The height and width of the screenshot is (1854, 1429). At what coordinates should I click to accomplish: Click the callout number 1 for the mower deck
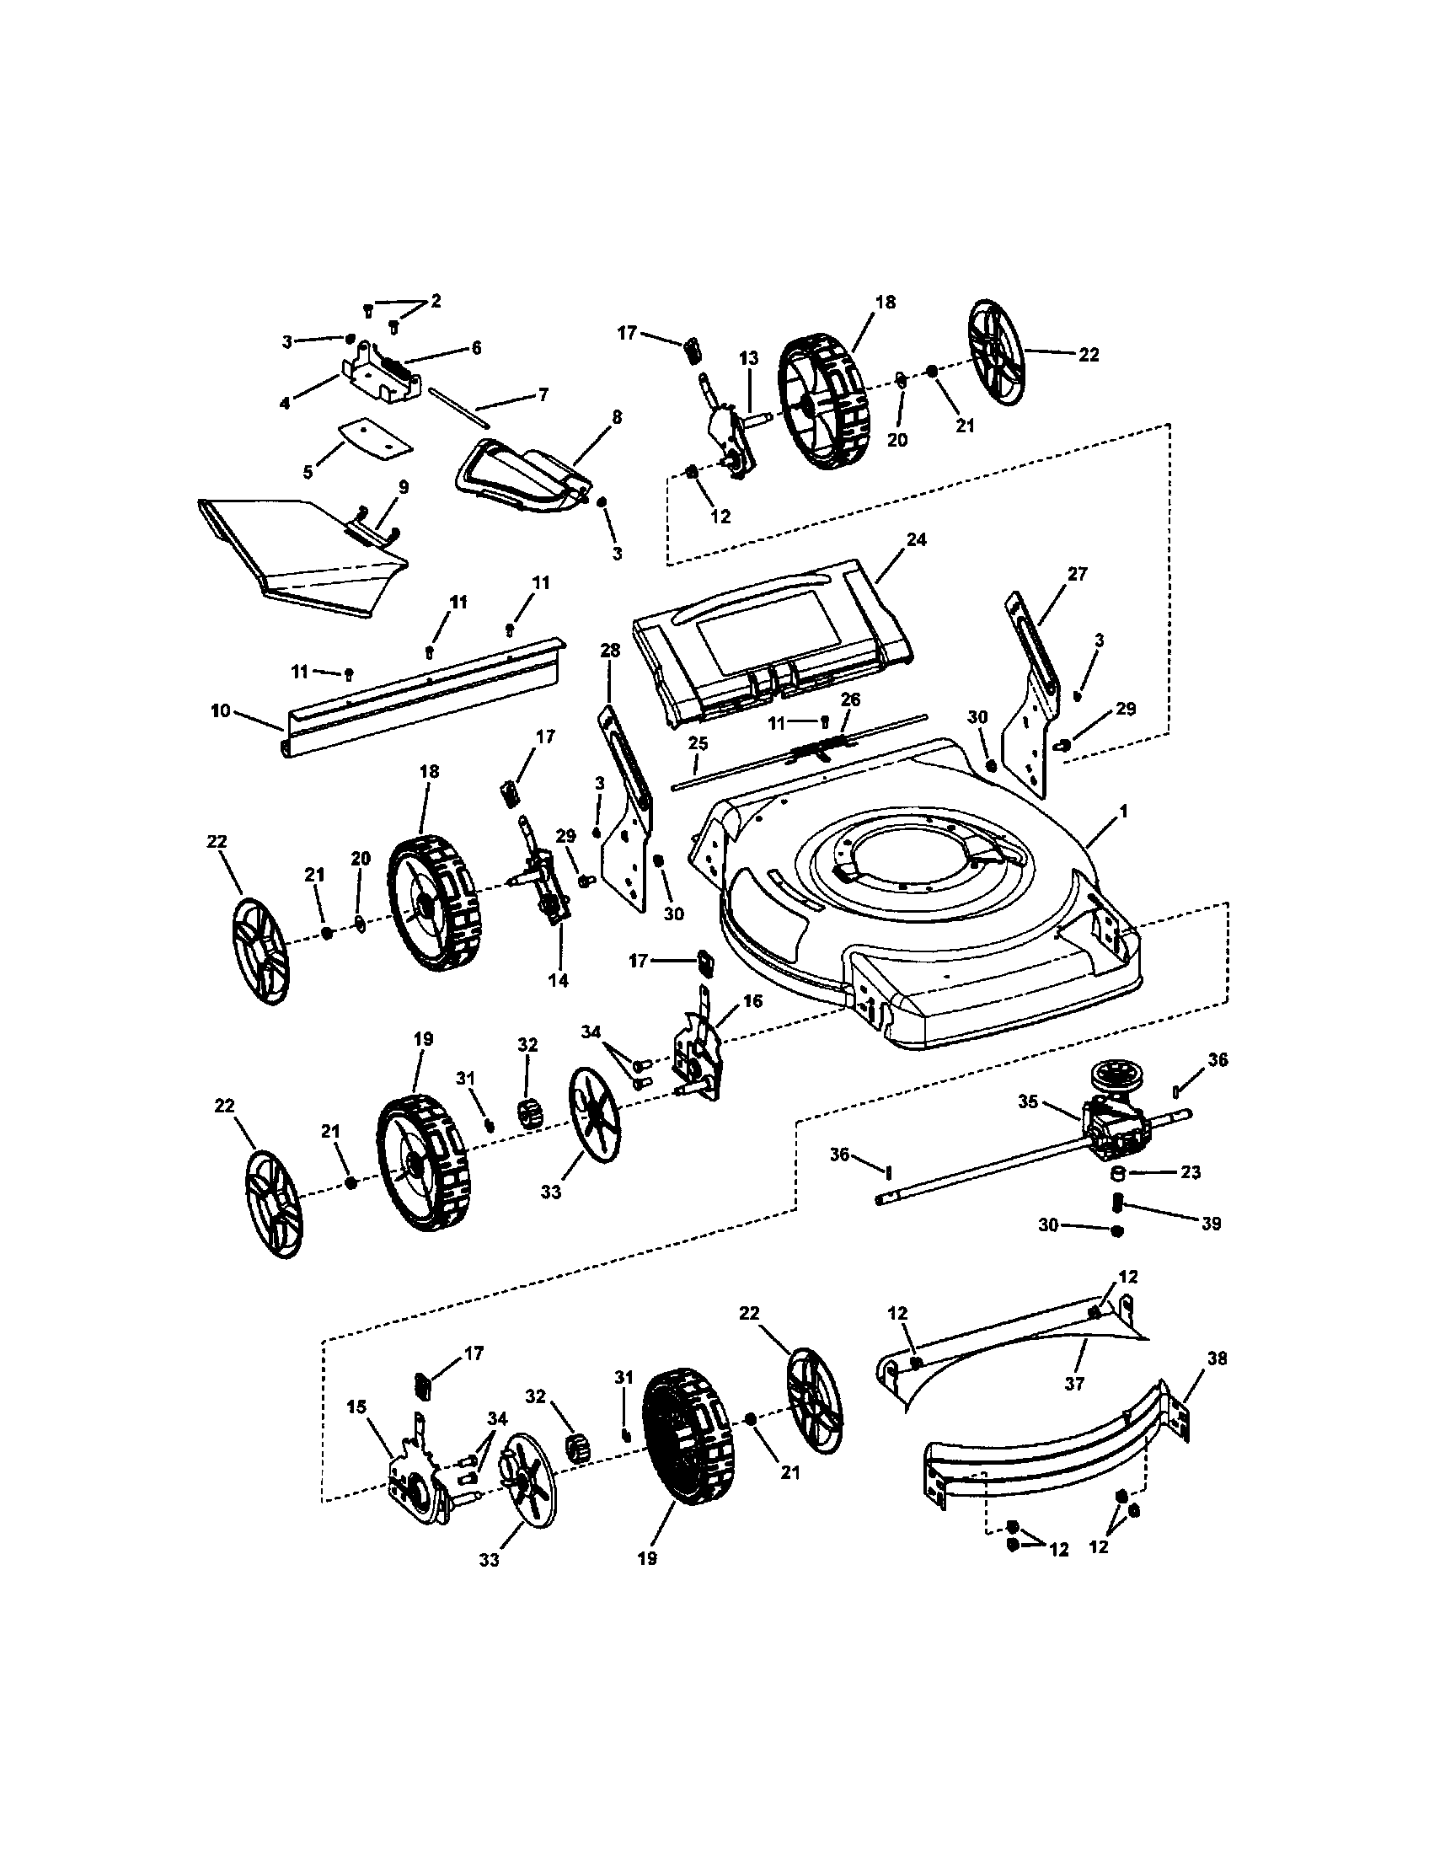tap(1122, 812)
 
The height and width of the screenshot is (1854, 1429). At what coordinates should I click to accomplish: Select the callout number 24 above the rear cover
tap(917, 539)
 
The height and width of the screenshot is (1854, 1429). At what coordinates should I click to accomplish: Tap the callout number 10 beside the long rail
tap(220, 710)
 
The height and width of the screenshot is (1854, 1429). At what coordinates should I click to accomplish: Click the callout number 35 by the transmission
tap(1029, 1102)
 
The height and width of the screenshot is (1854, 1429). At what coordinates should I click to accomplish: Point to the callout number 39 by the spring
tap(1211, 1224)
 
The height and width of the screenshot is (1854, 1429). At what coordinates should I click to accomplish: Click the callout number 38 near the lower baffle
tap(1217, 1358)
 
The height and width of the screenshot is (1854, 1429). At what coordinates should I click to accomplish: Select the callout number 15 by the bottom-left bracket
tap(356, 1407)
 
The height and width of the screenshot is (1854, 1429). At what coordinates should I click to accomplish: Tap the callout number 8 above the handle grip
tap(617, 417)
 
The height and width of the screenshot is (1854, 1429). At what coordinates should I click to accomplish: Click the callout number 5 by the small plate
tap(308, 471)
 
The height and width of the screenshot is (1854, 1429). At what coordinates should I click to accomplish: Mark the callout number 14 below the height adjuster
tap(558, 980)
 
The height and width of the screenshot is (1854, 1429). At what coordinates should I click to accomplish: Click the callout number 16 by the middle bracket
tap(752, 1002)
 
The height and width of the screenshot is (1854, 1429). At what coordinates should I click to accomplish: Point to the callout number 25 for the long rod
tap(698, 743)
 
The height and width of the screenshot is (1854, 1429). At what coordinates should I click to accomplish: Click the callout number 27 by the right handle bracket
tap(1077, 574)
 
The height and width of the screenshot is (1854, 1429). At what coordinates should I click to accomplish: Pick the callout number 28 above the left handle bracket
tap(610, 651)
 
